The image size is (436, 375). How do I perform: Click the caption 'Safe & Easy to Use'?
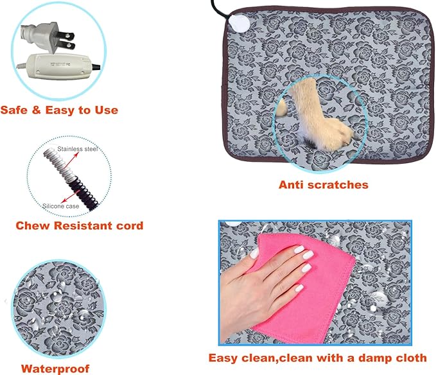point(59,110)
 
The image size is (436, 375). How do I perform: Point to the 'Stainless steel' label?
point(77,149)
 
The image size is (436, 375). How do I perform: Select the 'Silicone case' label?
point(61,205)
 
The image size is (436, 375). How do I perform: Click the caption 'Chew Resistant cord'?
point(79,225)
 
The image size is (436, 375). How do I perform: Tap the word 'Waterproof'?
point(55,369)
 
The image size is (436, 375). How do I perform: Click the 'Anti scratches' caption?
point(323,185)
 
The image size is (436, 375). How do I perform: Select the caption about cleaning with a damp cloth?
point(317,358)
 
